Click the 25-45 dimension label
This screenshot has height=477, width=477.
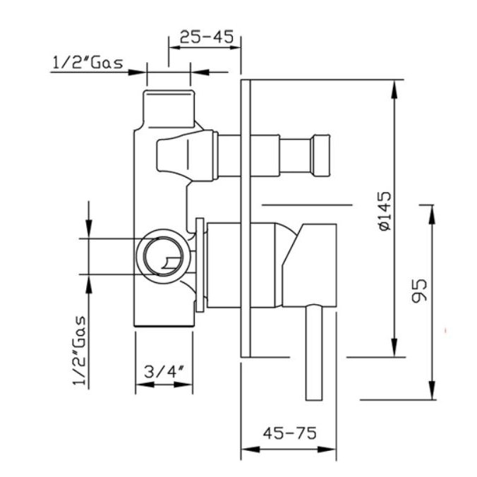[x=207, y=37]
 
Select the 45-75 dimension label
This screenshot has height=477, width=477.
[x=289, y=433]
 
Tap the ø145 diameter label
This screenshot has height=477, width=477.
[x=385, y=211]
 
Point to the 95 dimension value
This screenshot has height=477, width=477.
[x=420, y=291]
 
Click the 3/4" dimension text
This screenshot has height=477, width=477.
[x=164, y=371]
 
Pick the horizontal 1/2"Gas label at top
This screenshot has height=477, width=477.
[x=88, y=62]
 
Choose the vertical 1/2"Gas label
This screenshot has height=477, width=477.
[x=79, y=351]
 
